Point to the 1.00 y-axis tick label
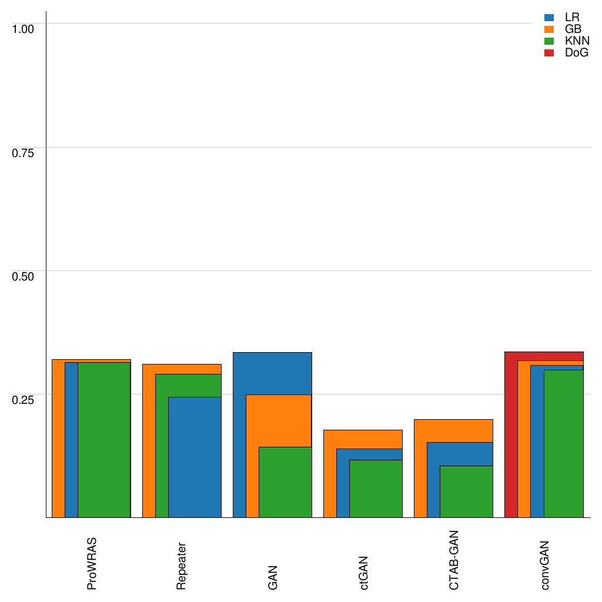tap(24, 28)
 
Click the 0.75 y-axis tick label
tap(24, 152)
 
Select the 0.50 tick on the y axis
tap(24, 276)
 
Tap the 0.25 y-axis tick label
tap(24, 399)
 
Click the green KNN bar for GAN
tap(285, 482)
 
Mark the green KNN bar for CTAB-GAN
tap(466, 491)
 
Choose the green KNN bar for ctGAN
tap(376, 489)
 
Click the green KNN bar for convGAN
tap(563, 444)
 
